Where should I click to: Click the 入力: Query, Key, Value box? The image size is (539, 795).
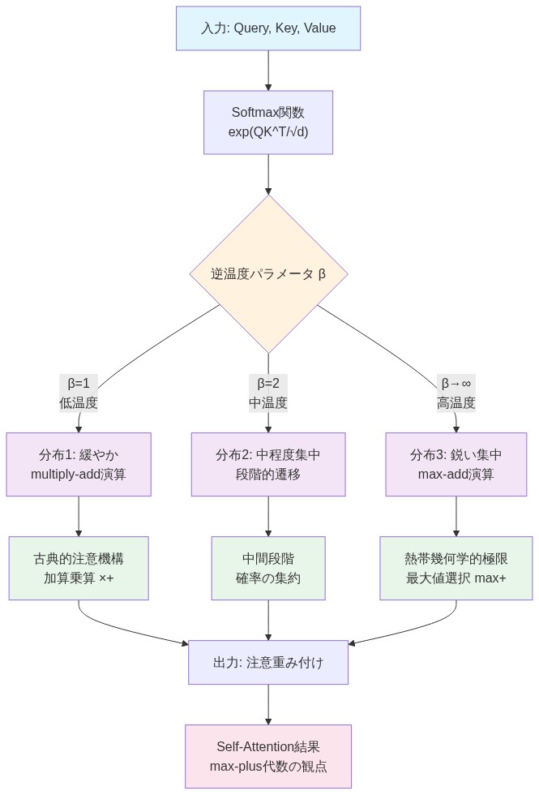267,28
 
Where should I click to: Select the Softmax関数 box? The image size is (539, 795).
267,122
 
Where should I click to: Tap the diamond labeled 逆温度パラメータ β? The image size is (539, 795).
268,273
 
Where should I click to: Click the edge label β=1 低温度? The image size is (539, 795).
79,393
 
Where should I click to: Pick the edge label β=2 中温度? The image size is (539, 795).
268,393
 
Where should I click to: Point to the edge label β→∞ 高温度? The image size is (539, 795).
456,393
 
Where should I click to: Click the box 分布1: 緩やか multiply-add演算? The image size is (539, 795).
79,464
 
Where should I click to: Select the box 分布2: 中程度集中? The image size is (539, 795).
268,464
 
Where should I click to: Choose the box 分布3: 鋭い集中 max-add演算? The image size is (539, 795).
456,464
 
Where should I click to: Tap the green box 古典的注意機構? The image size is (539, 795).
79,568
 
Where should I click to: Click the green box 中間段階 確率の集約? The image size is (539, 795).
268,568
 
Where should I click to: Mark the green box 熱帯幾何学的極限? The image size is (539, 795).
456,568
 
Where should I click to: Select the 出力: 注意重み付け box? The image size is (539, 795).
268,662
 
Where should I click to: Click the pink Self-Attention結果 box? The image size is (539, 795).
268,756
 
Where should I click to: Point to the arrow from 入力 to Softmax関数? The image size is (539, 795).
268,70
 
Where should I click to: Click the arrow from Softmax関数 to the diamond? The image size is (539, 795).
268,174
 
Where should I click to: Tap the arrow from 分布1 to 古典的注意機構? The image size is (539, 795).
79,516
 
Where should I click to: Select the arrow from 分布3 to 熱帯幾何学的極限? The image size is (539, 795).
456,516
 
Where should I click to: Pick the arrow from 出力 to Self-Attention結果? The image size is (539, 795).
268,704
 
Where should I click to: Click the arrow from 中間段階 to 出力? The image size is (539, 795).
268,620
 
